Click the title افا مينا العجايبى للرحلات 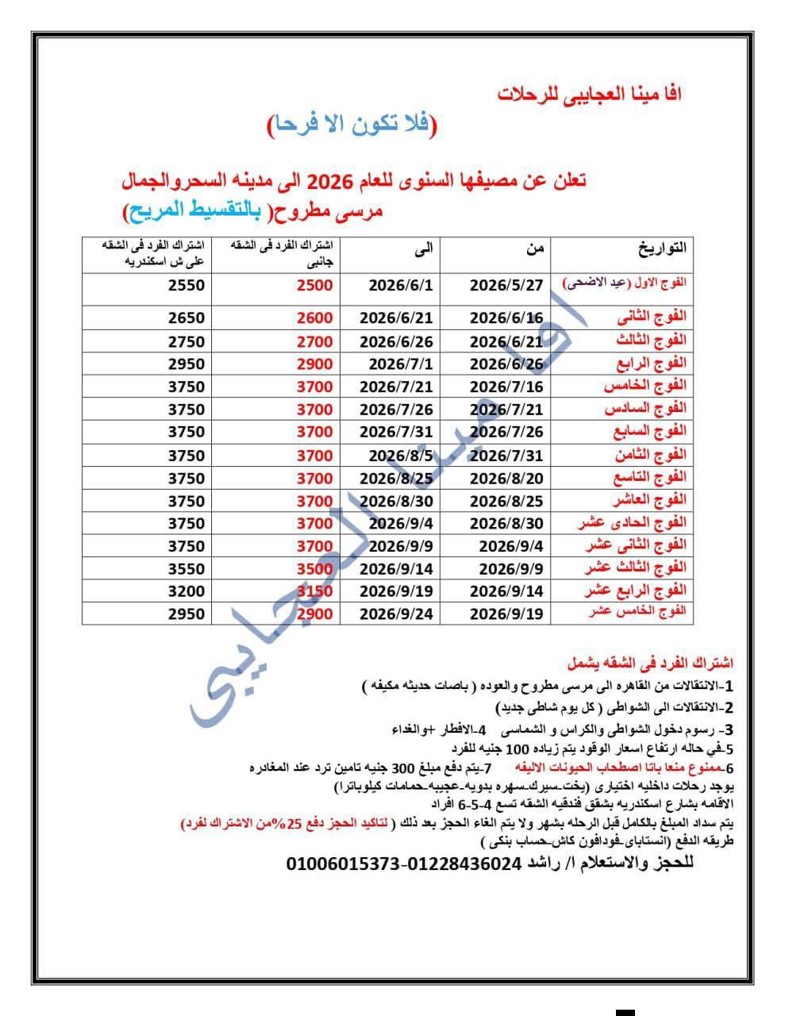coord(589,93)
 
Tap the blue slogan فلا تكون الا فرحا coord(352,125)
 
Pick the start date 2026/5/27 coord(507,285)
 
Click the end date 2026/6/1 coord(401,285)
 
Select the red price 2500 coord(315,285)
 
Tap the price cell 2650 coord(187,317)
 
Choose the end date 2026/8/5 coord(401,455)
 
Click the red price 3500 coord(315,568)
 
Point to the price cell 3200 coord(187,591)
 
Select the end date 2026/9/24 coord(396,614)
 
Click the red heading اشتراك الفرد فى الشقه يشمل coord(650,663)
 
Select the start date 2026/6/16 coord(507,317)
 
